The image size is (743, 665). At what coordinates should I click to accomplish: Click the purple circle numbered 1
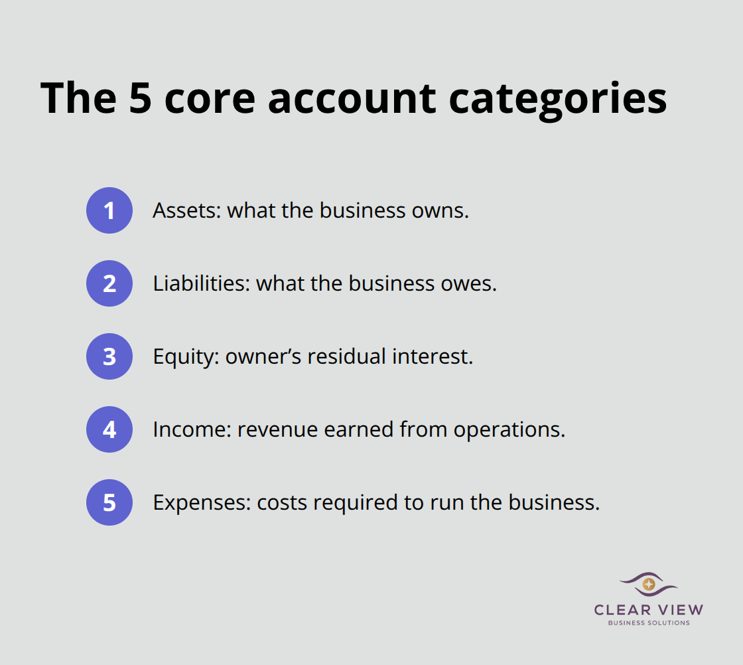[109, 210]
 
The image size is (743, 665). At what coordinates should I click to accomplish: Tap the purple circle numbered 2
[109, 283]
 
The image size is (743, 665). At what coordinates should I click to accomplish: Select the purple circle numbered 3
[109, 356]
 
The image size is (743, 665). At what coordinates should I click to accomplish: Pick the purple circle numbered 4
[109, 429]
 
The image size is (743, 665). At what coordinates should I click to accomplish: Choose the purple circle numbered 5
[109, 502]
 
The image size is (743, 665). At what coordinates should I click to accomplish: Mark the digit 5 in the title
[138, 98]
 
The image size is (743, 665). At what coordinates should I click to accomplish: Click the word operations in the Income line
[509, 430]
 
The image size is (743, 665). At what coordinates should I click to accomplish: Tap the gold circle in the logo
[649, 584]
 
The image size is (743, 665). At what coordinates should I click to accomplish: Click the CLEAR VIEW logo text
[649, 610]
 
